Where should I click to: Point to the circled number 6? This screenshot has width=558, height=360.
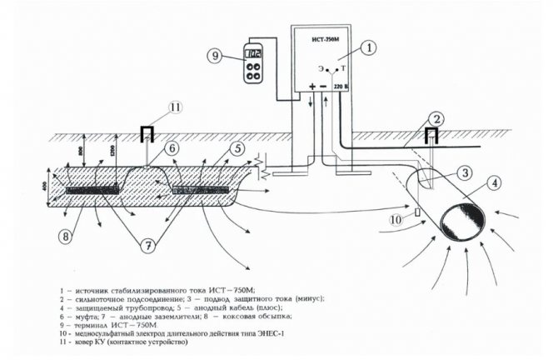click(172, 147)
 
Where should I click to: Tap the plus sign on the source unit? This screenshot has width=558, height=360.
click(312, 87)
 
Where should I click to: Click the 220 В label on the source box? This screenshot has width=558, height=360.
click(341, 87)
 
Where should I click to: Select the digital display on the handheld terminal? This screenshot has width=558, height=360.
click(255, 55)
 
